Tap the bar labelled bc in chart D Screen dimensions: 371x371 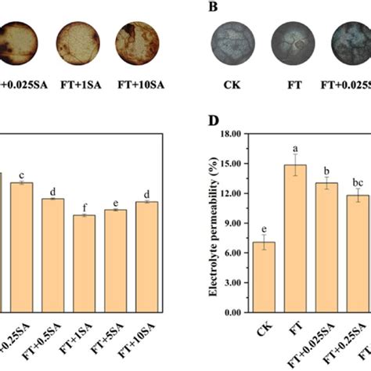click(358, 254)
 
